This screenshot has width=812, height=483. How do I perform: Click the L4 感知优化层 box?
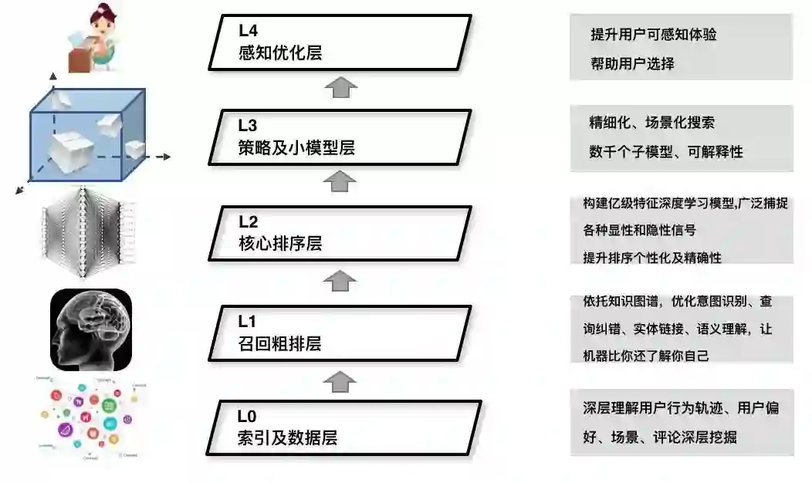[x=340, y=42]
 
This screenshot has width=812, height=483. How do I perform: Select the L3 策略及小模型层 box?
[x=340, y=137]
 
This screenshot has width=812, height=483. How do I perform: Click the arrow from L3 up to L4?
[x=340, y=87]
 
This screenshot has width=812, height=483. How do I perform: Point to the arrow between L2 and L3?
[x=340, y=182]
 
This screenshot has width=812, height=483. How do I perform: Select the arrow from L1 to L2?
[x=340, y=280]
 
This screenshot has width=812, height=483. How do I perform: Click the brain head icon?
[x=91, y=330]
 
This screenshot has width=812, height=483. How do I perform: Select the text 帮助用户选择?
[x=633, y=63]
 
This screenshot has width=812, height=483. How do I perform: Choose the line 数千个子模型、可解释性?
[x=666, y=152]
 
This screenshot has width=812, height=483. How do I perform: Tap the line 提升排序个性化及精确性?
[x=653, y=258]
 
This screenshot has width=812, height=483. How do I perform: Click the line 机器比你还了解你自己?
[x=646, y=356]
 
